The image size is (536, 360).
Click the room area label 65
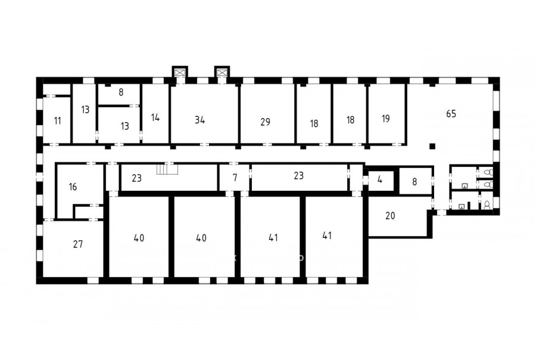tap(451, 114)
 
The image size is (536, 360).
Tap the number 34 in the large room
tap(200, 120)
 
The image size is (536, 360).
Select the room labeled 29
tap(265, 122)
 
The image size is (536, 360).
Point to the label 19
tap(385, 119)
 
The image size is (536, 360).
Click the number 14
tap(155, 117)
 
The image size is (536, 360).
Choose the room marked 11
tap(57, 120)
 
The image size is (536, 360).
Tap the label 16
tap(73, 187)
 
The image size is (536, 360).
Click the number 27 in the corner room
tap(78, 244)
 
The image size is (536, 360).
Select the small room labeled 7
tap(235, 178)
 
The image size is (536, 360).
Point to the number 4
tap(380, 179)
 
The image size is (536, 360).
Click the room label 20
tap(390, 216)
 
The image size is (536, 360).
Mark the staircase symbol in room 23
tap(167, 169)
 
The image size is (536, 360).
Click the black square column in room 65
tap(432, 147)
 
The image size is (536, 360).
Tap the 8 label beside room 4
tap(415, 181)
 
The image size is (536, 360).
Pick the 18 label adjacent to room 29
tap(314, 123)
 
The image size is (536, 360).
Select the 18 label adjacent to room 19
tap(350, 120)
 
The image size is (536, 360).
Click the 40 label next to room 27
tap(139, 238)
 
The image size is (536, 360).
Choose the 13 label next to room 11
tap(85, 110)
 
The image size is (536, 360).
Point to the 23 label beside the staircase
tap(137, 178)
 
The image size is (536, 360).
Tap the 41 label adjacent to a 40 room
tap(273, 237)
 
